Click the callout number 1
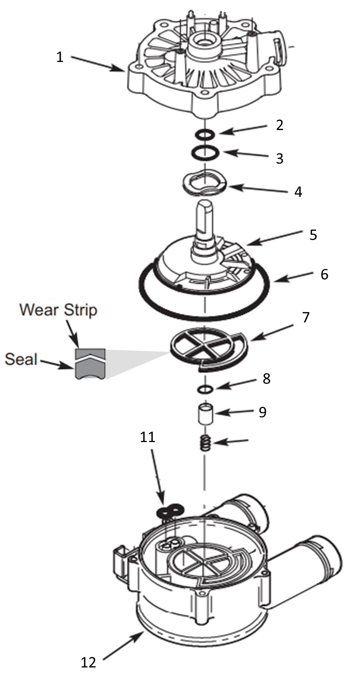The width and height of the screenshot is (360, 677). (x=60, y=57)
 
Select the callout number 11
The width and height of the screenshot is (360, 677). (x=147, y=437)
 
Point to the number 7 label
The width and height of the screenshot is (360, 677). (x=306, y=317)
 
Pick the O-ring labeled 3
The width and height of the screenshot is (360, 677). (x=203, y=152)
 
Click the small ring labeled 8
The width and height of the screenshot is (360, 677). (x=205, y=388)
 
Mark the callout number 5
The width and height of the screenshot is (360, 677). (x=313, y=235)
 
